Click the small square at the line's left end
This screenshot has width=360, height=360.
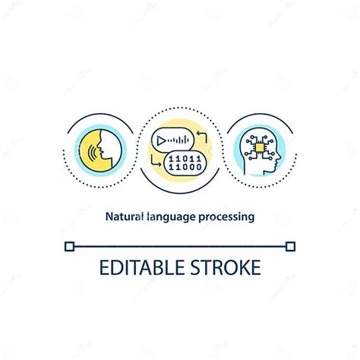coord(70,245)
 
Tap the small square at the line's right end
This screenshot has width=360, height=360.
coord(290,245)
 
